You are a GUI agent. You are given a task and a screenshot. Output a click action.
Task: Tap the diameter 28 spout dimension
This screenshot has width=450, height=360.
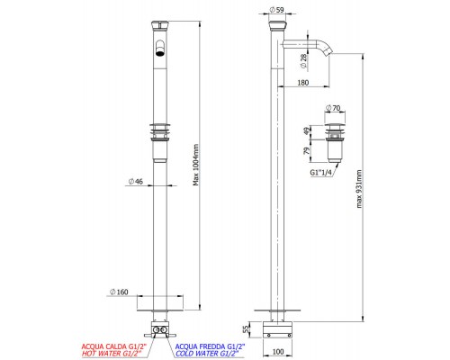328,60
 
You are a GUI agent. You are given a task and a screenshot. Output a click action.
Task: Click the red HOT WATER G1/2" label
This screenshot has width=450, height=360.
112,353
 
